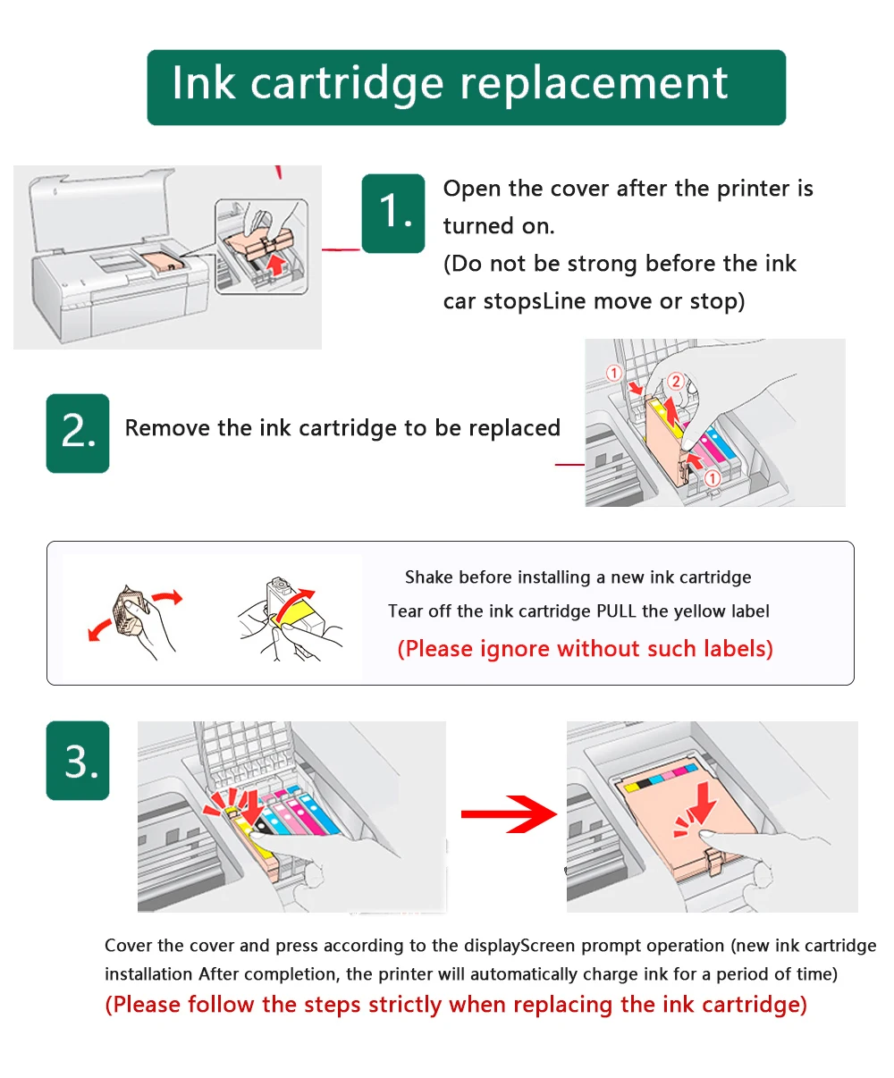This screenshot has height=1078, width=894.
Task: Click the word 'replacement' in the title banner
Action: coord(594,85)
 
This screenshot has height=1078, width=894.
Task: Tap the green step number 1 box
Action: coord(393,213)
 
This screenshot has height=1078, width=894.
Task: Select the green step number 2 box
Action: coord(78,433)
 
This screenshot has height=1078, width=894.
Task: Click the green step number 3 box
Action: coord(78,761)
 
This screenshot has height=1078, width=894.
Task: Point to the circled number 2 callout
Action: coord(676,382)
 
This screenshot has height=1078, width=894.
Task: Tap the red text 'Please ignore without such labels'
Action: coord(585,648)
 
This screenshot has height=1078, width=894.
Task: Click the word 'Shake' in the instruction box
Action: coord(428,577)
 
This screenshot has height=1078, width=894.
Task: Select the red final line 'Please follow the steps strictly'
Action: coord(456,1005)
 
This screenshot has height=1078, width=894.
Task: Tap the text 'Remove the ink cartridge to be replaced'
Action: coord(342,428)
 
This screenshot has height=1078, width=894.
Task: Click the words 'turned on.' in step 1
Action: coord(499,226)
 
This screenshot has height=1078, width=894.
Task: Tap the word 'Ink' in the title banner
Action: coord(205,83)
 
